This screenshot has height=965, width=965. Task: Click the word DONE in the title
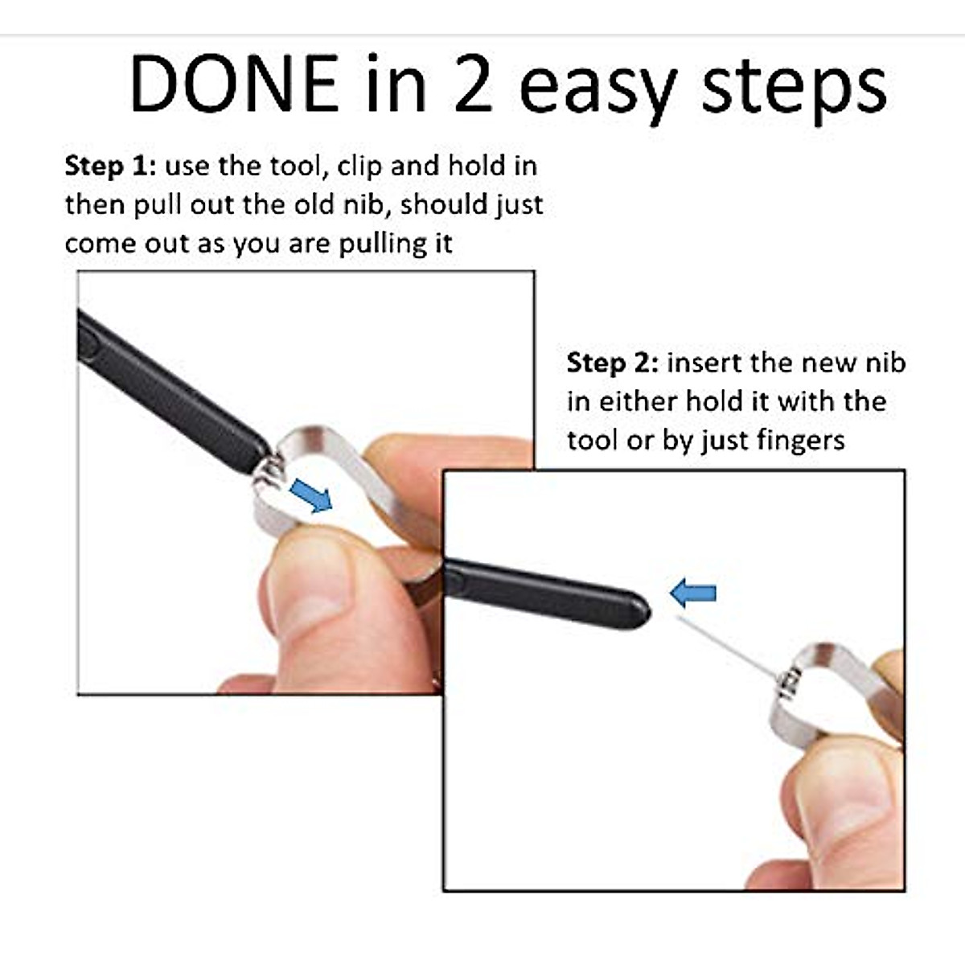coord(233,84)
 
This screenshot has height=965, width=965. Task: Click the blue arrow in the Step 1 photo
coord(310,495)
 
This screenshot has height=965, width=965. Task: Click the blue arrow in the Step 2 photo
coord(692,594)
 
